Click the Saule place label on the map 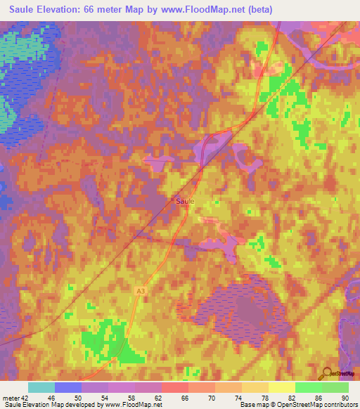click(x=185, y=200)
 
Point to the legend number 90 click(x=345, y=398)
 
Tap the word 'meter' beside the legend click(x=12, y=398)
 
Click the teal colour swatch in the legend click(x=41, y=387)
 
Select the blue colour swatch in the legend click(x=67, y=387)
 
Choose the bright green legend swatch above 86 click(x=308, y=387)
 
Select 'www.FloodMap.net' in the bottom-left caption click(x=134, y=405)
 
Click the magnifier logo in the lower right click(x=327, y=372)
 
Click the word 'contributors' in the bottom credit click(x=342, y=405)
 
